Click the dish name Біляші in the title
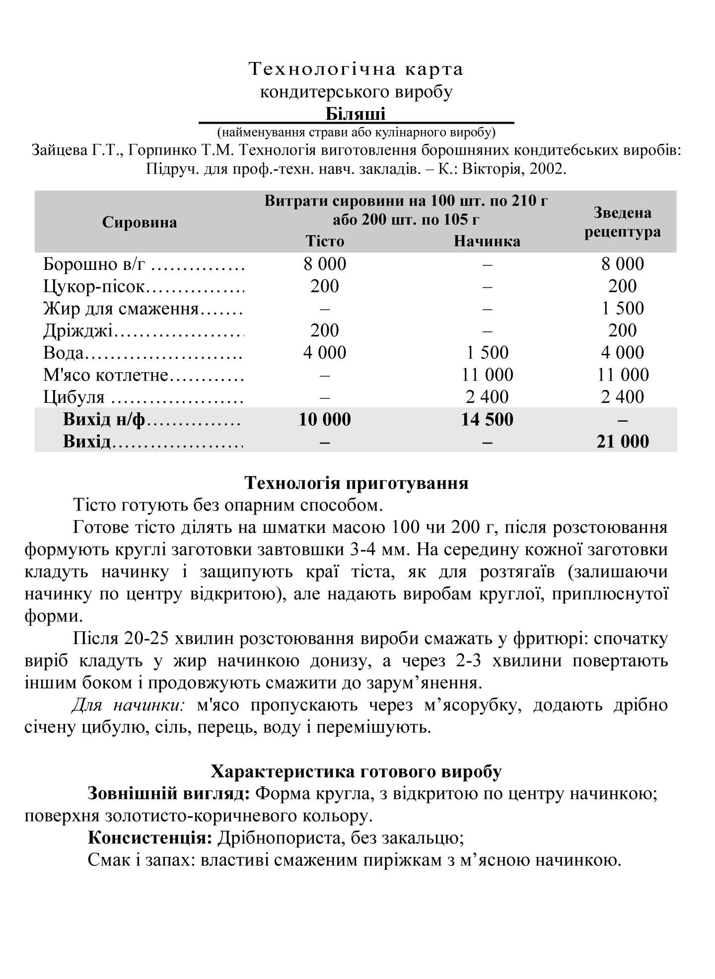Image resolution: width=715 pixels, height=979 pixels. (356, 114)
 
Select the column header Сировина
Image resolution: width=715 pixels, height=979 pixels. (140, 222)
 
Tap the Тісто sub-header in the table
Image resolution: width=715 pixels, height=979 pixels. (325, 241)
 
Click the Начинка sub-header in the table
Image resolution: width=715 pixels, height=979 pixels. (487, 241)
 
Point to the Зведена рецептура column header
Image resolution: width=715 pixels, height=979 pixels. (622, 222)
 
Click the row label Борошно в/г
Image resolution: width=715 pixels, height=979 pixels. (94, 264)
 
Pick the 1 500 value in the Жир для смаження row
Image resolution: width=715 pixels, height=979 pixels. (623, 308)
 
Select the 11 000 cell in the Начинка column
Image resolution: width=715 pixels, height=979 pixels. (487, 375)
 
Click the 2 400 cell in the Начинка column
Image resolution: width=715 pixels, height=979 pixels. (487, 397)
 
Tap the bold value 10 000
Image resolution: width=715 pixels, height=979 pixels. (325, 419)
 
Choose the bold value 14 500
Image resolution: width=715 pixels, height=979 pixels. (487, 419)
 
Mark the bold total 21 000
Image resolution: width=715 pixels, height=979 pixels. (623, 441)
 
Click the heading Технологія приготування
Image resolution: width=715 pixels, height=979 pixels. (357, 483)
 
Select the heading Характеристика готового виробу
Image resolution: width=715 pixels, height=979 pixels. (356, 772)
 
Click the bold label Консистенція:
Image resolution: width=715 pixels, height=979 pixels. (150, 838)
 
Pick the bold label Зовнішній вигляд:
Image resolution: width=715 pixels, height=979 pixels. (168, 793)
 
